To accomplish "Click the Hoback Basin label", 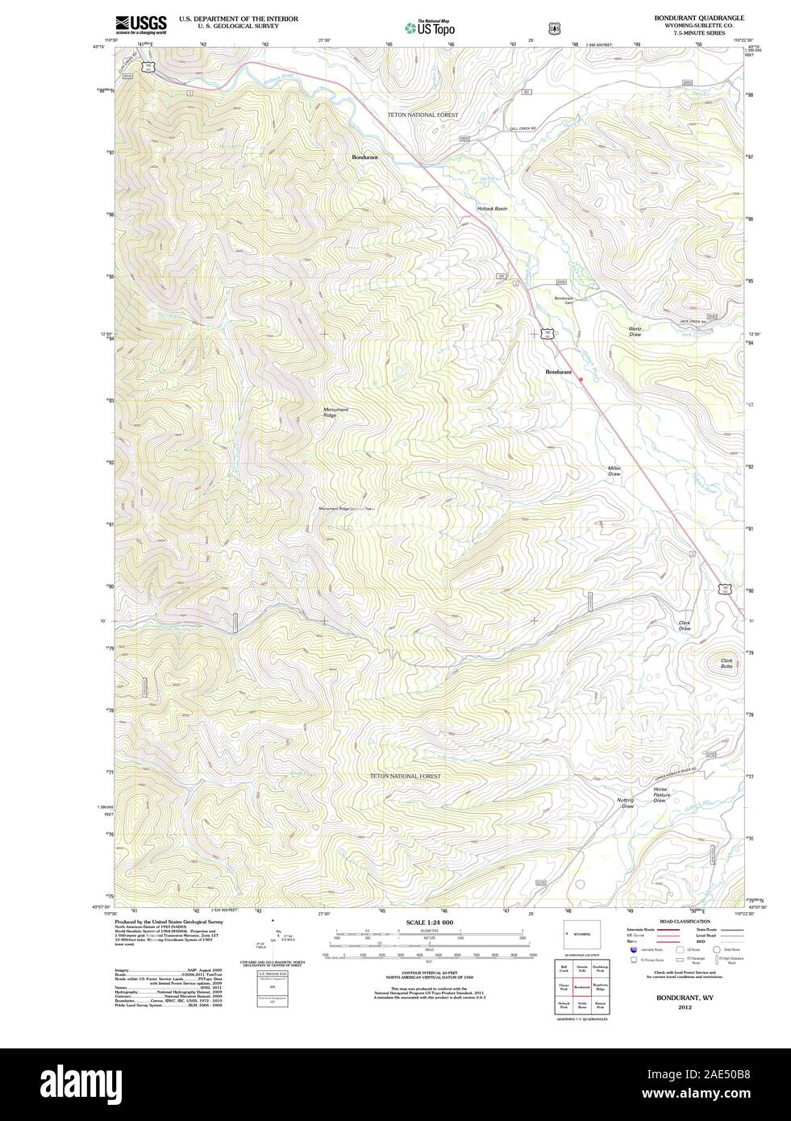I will pyautogui.click(x=492, y=209).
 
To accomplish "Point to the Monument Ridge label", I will pyautogui.click(x=335, y=412).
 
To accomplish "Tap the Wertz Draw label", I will pyautogui.click(x=635, y=331).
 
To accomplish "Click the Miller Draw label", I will pyautogui.click(x=614, y=471).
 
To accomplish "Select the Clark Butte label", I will pyautogui.click(x=726, y=663).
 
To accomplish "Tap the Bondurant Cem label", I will pyautogui.click(x=563, y=300).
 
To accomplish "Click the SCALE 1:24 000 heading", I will pyautogui.click(x=430, y=922).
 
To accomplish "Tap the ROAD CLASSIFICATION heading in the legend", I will pyautogui.click(x=685, y=921).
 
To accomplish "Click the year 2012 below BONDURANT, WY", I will pyautogui.click(x=685, y=1007).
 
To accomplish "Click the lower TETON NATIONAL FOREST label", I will pyautogui.click(x=406, y=776).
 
